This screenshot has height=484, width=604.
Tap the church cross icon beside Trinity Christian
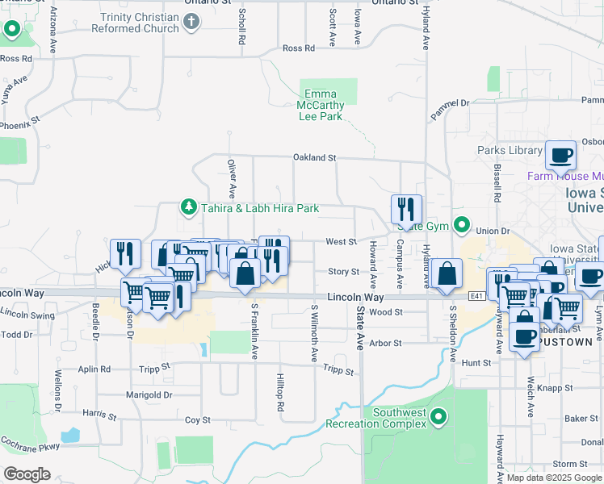191,22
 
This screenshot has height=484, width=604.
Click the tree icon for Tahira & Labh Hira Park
189,207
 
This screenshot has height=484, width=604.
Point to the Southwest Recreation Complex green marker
438,417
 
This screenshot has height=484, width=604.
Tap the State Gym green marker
462,224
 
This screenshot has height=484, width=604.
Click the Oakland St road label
313,158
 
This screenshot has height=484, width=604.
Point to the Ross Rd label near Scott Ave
298,48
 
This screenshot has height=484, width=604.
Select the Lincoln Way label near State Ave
355,298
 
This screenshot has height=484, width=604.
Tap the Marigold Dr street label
149,394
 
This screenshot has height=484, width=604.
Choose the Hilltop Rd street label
281,393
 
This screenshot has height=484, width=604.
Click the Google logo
27,474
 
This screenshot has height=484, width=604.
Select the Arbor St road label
385,343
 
